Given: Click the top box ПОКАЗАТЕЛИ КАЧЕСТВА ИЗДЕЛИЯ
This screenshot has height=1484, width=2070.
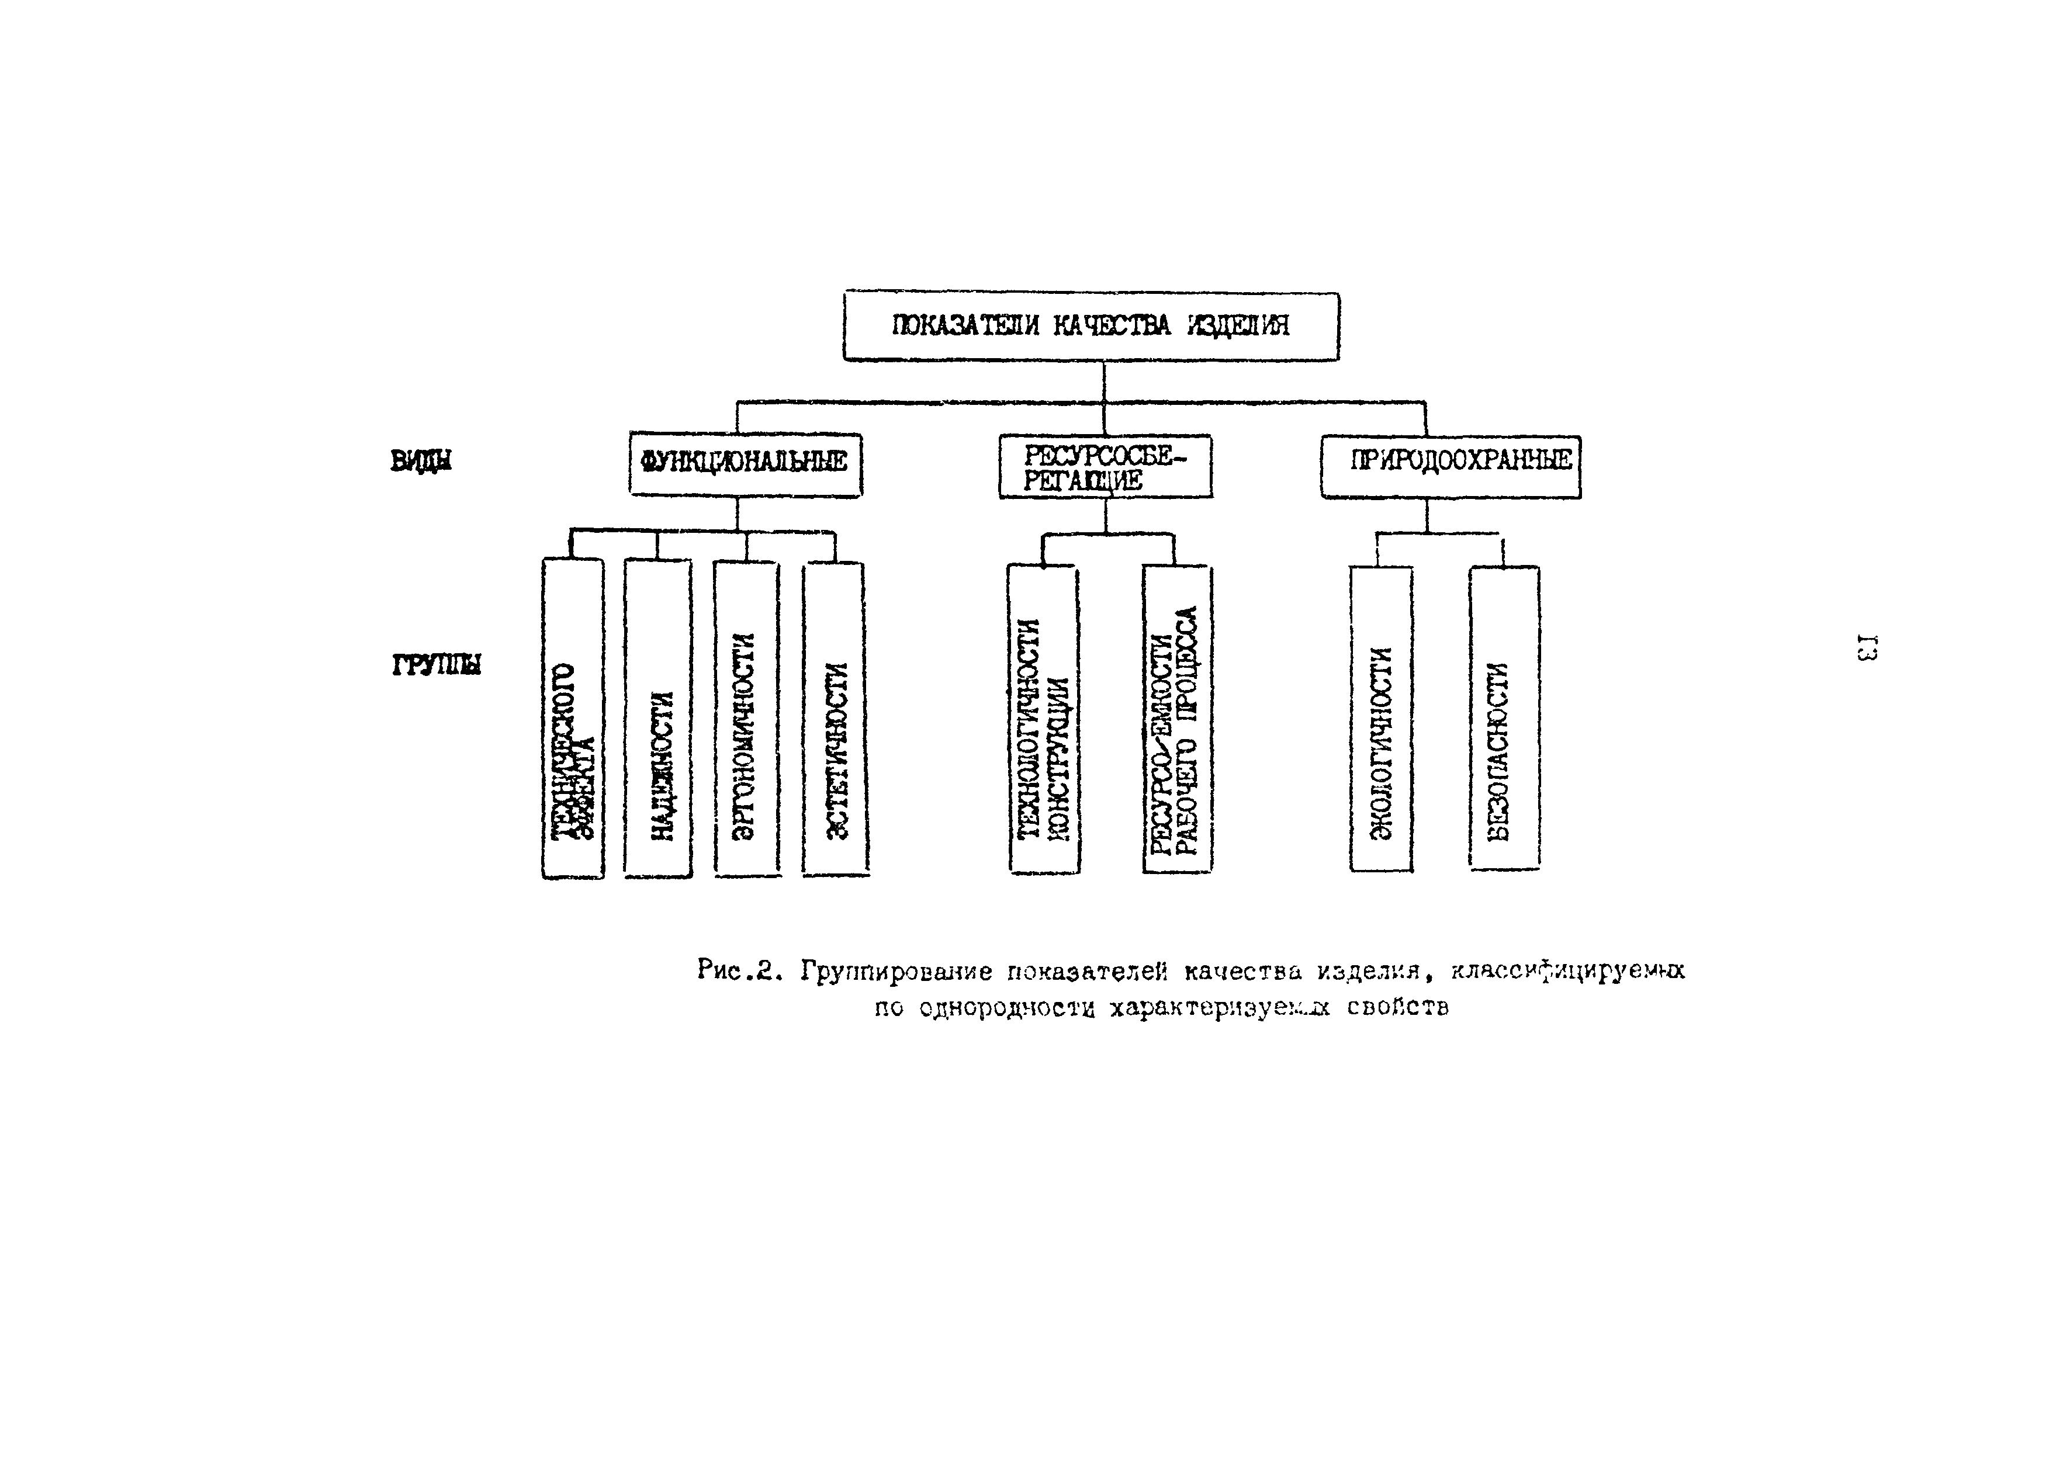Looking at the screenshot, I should tap(1091, 326).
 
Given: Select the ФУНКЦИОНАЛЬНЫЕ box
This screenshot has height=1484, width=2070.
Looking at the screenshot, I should tap(745, 464).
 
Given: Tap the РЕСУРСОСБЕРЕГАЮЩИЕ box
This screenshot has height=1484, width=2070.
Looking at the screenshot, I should tap(1105, 466).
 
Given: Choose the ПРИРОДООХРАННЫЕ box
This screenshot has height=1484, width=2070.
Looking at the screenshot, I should tap(1451, 466).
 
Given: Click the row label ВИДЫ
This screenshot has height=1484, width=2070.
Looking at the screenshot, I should tap(421, 462).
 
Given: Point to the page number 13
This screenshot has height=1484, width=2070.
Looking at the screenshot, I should tap(1865, 647).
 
